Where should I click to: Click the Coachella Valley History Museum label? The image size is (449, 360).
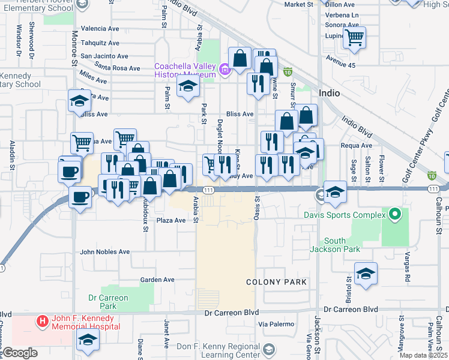[184, 70]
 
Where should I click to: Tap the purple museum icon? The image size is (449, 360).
[224, 70]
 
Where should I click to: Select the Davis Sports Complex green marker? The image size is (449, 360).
[394, 214]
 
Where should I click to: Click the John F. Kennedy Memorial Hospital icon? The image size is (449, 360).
[42, 322]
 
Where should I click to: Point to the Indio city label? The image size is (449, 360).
[331, 93]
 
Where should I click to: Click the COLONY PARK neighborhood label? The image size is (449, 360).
[277, 281]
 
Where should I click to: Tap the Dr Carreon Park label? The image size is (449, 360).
[108, 302]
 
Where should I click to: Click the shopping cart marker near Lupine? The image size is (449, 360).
[355, 38]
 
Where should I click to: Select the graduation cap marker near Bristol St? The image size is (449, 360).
[366, 274]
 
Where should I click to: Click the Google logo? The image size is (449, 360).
[20, 353]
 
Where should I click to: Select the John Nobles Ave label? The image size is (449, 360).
[104, 252]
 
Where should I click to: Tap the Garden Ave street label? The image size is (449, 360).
[157, 280]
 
